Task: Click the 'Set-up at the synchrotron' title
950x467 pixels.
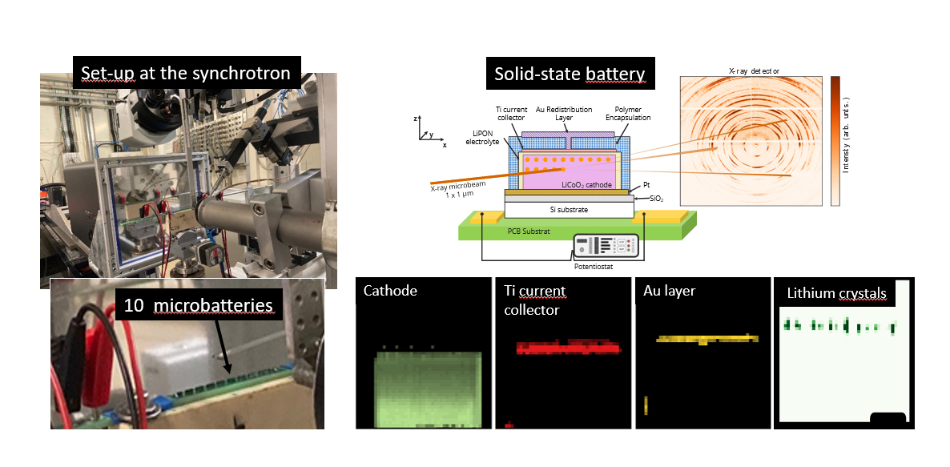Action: point(186,73)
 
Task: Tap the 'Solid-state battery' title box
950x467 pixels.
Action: point(570,74)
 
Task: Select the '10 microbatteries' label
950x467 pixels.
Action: point(198,304)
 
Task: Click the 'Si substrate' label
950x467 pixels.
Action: point(568,210)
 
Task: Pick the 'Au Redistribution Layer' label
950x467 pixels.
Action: point(563,113)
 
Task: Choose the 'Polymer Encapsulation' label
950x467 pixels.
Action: point(628,113)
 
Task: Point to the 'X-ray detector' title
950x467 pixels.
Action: point(754,70)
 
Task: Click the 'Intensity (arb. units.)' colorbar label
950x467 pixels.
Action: point(846,134)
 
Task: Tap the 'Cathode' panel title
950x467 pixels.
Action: point(390,291)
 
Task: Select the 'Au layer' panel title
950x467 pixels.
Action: point(669,291)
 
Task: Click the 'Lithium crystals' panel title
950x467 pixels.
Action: point(837,294)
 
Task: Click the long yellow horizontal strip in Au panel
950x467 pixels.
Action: point(707,339)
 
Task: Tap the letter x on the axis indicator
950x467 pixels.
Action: point(445,145)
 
